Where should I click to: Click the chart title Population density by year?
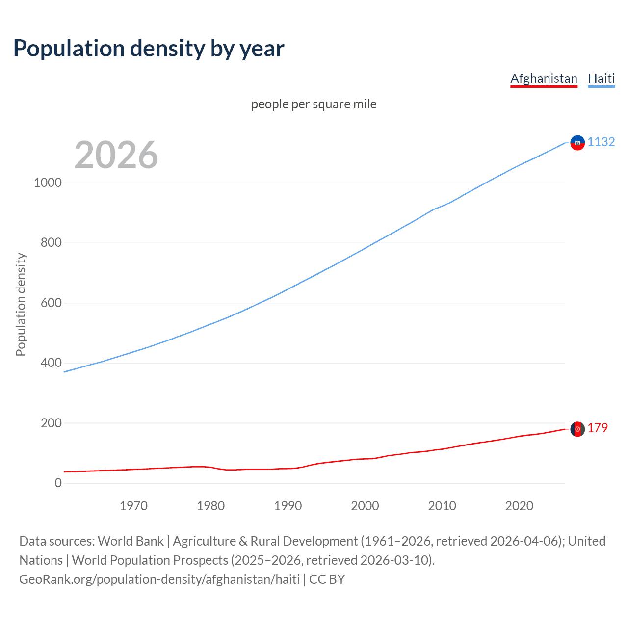click(x=149, y=49)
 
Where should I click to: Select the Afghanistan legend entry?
click(x=544, y=78)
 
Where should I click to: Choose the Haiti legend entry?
click(x=601, y=78)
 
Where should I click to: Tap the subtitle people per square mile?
click(x=314, y=104)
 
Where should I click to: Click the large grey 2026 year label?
click(x=116, y=155)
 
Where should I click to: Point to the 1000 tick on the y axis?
click(x=48, y=183)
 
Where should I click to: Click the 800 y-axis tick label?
click(x=51, y=242)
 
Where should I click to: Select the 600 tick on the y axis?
click(x=51, y=303)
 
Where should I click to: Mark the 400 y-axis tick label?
click(x=51, y=363)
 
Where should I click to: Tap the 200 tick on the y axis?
click(x=51, y=423)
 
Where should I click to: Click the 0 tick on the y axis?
click(x=58, y=483)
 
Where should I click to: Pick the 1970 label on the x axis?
click(x=133, y=506)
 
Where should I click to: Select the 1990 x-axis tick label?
click(x=288, y=506)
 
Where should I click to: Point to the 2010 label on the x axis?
click(x=442, y=506)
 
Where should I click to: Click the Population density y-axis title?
click(x=21, y=304)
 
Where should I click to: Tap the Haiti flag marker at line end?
click(x=577, y=143)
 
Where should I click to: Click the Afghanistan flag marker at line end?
click(x=577, y=429)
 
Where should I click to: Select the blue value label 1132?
click(x=601, y=142)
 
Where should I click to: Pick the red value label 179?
click(x=598, y=428)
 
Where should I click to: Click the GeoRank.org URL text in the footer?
click(x=159, y=579)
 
